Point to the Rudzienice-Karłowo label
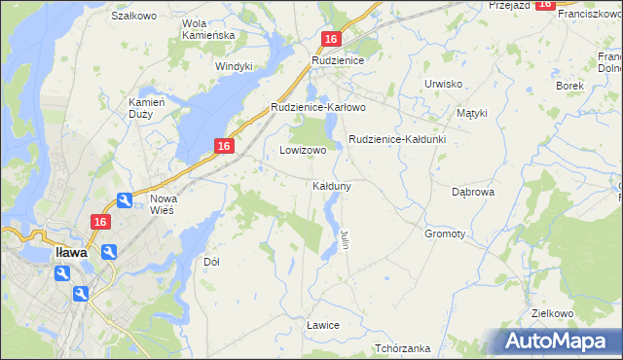[317, 107]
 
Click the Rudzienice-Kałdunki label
[396, 139]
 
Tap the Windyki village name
[234, 66]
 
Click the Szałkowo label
[134, 16]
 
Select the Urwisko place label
[443, 84]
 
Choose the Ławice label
[322, 324]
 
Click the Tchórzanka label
[402, 348]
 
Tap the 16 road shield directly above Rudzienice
[331, 39]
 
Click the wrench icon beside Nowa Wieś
[126, 200]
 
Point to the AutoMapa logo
[557, 342]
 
